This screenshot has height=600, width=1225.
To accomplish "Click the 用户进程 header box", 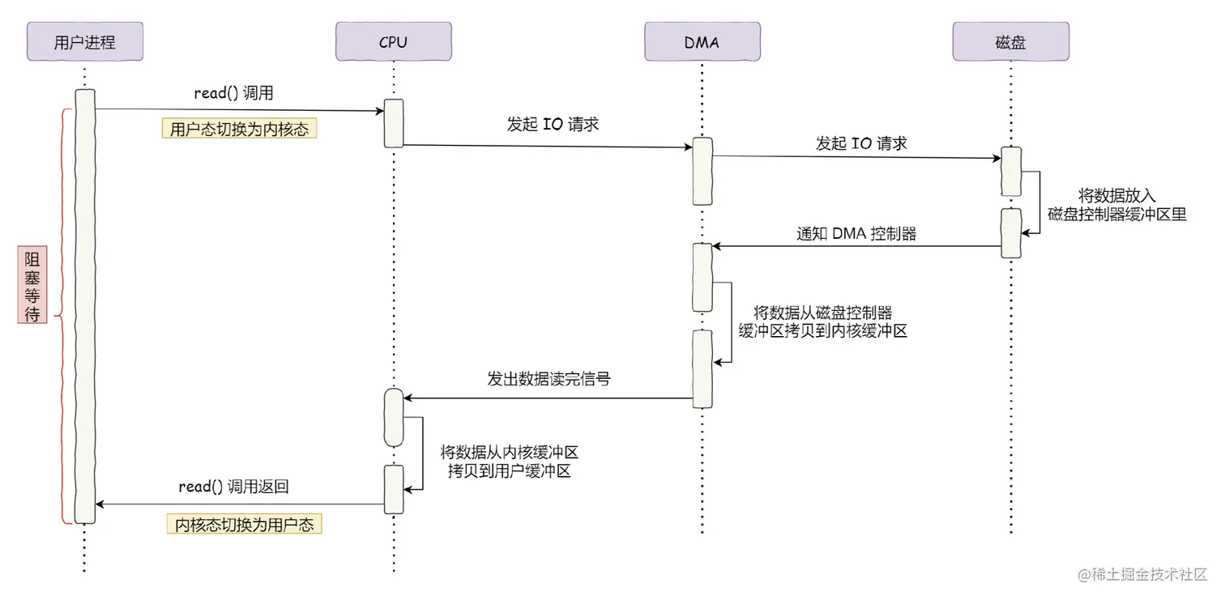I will click(84, 41).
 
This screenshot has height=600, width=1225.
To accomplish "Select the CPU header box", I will click(393, 41).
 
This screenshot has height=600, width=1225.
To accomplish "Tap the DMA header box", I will click(702, 41).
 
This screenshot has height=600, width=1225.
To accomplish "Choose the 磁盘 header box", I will click(1010, 41).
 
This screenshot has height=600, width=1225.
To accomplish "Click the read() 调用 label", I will click(233, 93).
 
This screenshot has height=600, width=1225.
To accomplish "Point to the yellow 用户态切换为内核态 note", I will click(239, 129).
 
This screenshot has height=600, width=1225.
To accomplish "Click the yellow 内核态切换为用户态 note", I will click(244, 524).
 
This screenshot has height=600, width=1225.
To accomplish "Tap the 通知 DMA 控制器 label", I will click(856, 234).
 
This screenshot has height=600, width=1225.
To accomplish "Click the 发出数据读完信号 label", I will click(548, 378).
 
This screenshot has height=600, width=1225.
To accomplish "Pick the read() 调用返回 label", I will click(233, 487).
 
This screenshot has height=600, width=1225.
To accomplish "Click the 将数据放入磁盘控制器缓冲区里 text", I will click(1116, 205).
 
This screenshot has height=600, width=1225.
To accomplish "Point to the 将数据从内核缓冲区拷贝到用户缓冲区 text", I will click(509, 462).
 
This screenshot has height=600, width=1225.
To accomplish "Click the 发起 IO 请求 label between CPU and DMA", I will click(553, 125).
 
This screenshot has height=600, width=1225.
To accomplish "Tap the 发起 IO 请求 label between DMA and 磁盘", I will click(861, 143).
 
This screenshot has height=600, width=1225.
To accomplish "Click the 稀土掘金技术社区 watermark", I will click(1142, 574).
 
